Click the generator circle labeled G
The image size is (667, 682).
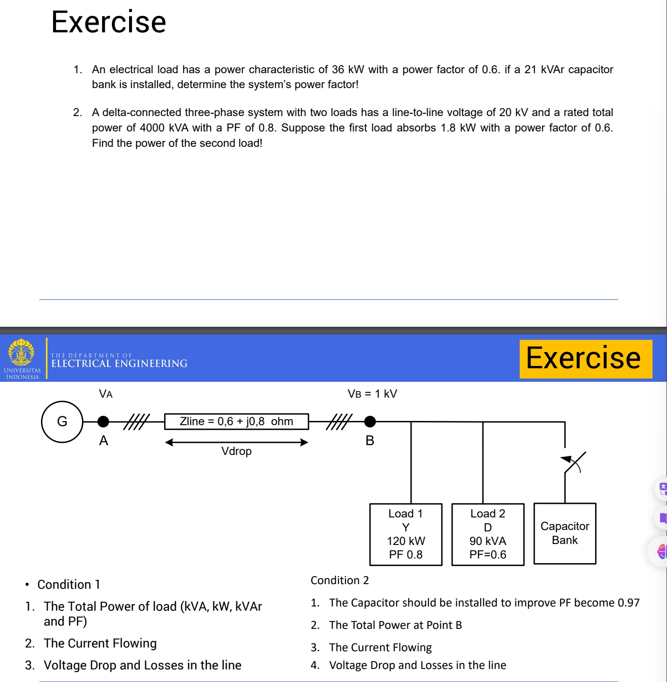(62, 421)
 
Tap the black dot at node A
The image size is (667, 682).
(103, 421)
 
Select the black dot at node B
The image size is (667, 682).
(370, 421)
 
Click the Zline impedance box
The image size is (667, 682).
(236, 421)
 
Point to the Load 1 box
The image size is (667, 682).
(406, 534)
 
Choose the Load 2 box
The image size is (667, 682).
(488, 534)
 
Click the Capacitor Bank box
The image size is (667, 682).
(564, 533)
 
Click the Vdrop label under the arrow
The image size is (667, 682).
(236, 451)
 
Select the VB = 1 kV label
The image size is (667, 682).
(372, 394)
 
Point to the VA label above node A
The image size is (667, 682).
(106, 394)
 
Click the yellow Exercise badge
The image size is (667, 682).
(585, 358)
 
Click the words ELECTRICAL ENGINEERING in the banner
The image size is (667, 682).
(119, 364)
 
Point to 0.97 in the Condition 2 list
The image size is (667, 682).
(628, 603)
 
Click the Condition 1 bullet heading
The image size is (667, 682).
(69, 585)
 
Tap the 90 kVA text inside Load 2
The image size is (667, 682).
(488, 541)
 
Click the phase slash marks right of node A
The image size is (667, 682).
(137, 421)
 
